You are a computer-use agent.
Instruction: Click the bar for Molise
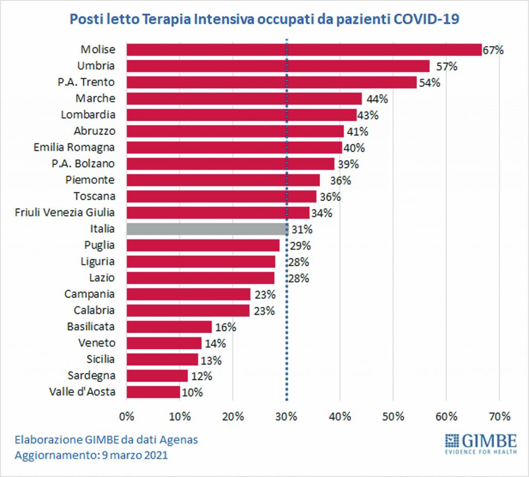point(304,50)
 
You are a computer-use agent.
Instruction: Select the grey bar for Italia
point(207,229)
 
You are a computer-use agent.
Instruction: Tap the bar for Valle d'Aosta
point(153,392)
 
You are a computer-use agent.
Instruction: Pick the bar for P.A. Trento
point(271,82)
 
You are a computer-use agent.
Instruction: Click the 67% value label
point(493,50)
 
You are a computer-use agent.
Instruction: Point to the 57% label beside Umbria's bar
point(443,66)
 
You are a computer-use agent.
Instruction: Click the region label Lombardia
point(88,115)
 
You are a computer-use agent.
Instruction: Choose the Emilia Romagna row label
point(74,147)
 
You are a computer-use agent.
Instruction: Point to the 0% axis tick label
point(127,416)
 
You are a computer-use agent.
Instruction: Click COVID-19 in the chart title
point(427,19)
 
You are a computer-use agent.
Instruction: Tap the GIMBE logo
point(480,442)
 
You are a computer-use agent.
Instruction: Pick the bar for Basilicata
point(169,327)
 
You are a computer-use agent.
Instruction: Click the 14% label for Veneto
point(215,343)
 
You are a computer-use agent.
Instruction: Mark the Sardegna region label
point(91,375)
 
